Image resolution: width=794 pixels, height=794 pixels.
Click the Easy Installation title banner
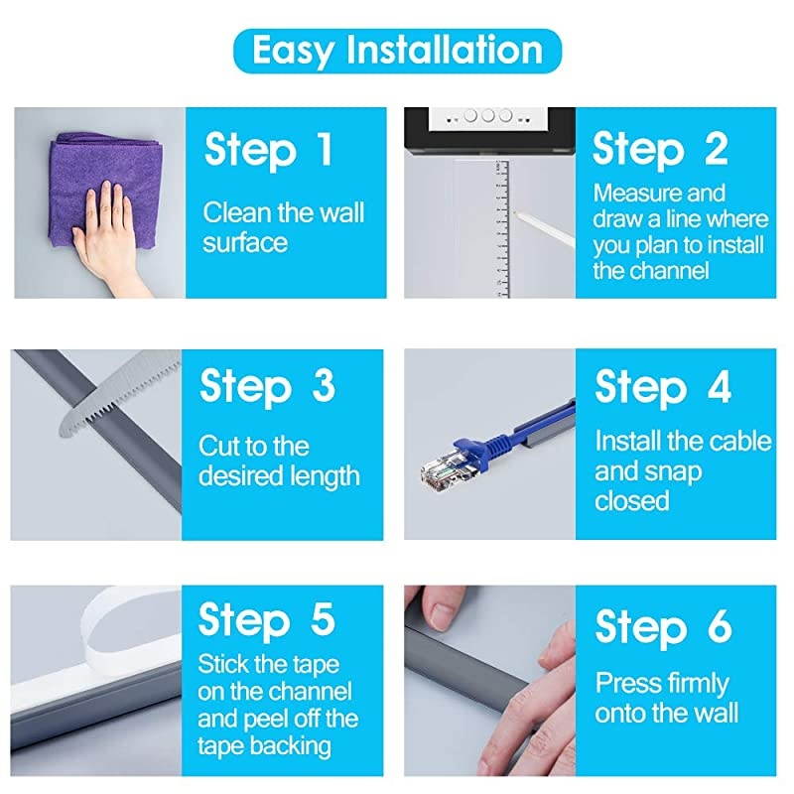398,51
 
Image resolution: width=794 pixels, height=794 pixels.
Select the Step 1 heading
268,150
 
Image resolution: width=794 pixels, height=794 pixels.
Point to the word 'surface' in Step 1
245,242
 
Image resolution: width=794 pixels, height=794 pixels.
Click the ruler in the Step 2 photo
501,229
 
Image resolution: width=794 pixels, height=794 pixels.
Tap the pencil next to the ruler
544,229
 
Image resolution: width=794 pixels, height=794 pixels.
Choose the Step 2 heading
660,149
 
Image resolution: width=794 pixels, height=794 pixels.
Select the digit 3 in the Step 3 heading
324,385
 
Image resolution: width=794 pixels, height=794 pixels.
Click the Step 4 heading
663,387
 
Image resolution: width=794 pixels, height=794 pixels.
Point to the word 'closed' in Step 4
632,501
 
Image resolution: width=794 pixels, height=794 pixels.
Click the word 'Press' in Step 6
625,683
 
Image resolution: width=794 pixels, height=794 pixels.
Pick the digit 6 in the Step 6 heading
720,626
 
